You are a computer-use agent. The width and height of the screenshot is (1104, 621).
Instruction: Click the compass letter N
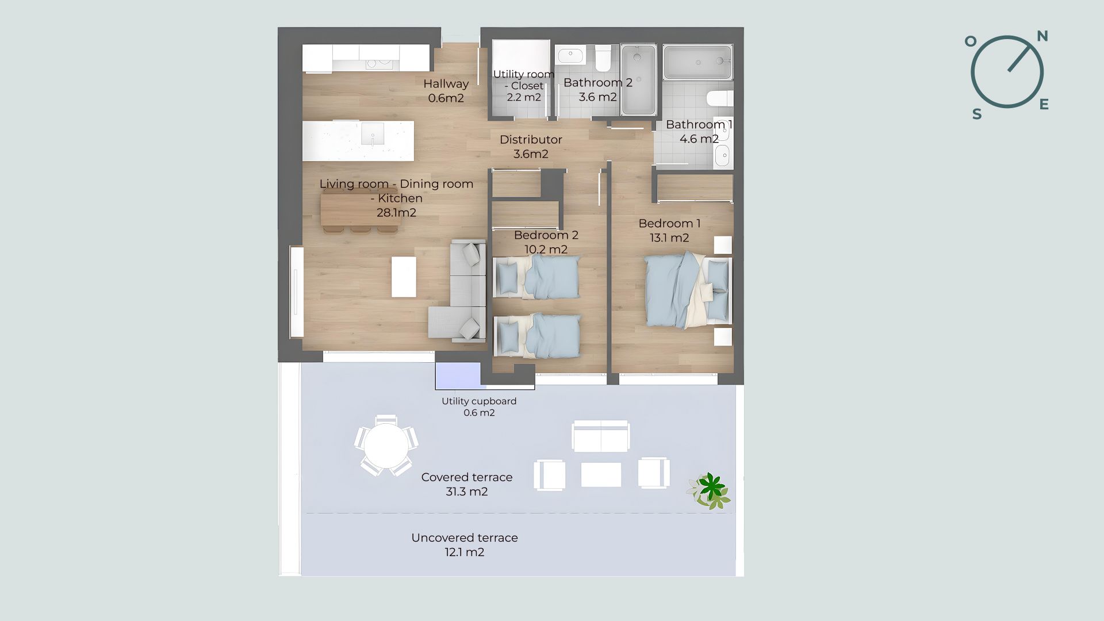1042,36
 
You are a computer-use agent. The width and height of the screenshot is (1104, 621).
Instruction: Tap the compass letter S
977,114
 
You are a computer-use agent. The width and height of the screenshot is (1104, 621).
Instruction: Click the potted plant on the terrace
710,491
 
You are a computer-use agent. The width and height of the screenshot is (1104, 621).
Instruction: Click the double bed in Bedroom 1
688,291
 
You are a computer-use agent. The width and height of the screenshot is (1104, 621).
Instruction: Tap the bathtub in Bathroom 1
698,62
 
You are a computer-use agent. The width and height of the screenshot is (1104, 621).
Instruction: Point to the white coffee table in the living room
404,277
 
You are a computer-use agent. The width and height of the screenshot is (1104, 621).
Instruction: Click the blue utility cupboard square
458,376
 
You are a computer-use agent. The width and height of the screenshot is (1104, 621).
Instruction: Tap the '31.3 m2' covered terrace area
467,492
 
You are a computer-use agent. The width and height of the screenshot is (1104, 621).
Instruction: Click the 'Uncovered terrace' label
465,538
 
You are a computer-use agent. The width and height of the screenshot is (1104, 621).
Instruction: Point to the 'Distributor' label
531,139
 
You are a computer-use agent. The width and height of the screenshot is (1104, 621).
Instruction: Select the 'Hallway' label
446,84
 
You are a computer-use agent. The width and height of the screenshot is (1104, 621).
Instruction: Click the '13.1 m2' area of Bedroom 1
669,238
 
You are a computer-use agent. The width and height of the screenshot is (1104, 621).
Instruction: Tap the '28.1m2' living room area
397,213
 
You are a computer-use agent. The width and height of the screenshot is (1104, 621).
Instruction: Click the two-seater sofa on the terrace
601,435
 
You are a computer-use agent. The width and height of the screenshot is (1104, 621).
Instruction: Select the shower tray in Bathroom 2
638,79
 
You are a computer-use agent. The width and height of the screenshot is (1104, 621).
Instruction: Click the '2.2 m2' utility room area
524,97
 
